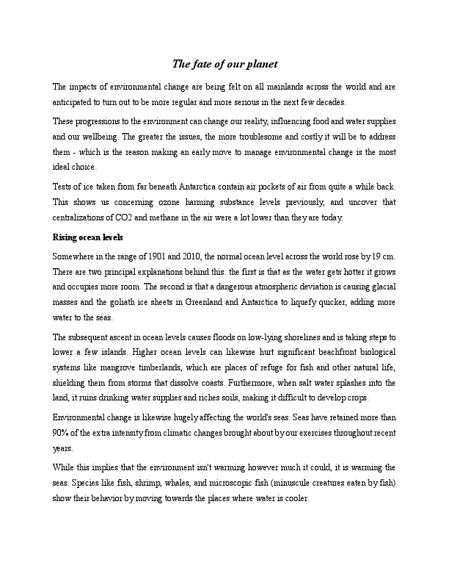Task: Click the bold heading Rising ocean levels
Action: point(87,237)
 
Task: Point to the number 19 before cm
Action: point(375,256)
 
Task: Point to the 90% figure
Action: point(62,433)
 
